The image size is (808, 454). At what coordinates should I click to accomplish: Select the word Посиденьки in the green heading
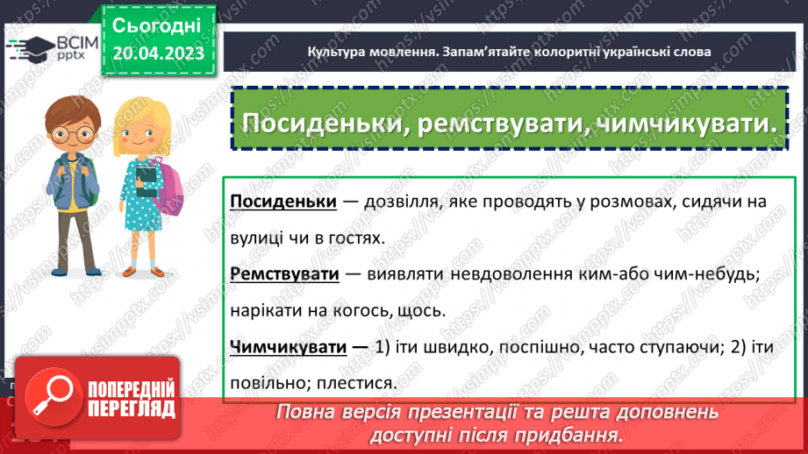click(321, 123)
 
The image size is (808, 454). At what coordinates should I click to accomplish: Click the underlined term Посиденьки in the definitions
click(283, 202)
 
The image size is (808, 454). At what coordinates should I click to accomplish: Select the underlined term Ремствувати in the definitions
click(284, 274)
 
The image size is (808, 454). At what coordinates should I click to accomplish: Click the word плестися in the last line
click(359, 383)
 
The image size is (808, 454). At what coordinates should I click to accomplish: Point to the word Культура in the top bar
click(339, 52)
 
